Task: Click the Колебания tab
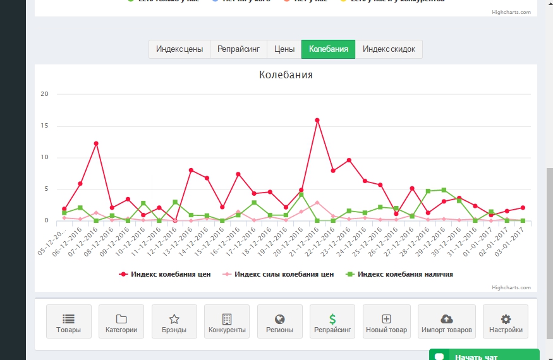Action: (x=328, y=49)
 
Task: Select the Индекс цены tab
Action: (x=179, y=49)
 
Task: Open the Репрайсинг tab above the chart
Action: (x=238, y=49)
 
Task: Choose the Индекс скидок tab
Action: (x=389, y=49)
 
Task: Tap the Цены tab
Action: (x=284, y=49)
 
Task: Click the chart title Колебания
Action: (x=286, y=75)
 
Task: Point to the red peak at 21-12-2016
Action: (x=317, y=120)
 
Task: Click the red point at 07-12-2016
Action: (x=96, y=143)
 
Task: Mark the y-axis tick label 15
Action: (x=44, y=126)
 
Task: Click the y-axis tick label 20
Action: (x=44, y=94)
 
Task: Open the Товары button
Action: (x=69, y=322)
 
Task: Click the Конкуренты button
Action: (x=227, y=322)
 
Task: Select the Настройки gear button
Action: (x=506, y=322)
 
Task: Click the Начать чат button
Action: (x=484, y=356)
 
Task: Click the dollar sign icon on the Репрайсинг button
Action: (x=332, y=319)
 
